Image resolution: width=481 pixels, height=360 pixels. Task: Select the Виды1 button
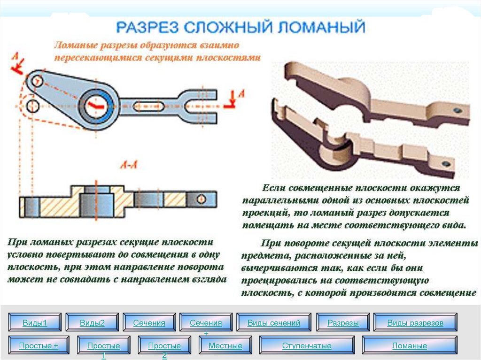tap(35, 323)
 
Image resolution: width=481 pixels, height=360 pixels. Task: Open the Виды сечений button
tap(273, 323)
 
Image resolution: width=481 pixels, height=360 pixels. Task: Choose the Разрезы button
tap(343, 323)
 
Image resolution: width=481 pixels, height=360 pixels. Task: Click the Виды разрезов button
tap(415, 323)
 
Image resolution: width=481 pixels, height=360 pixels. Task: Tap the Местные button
tap(225, 346)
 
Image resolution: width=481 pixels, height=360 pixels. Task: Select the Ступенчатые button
tap(307, 346)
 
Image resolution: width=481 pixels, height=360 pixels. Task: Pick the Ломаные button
tap(410, 346)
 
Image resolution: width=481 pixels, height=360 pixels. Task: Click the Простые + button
tap(39, 346)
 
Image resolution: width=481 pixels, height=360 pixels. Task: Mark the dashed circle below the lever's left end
tap(33, 104)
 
